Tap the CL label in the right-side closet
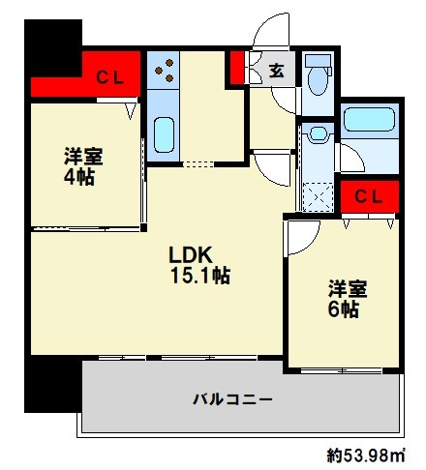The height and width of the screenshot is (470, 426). (368, 196)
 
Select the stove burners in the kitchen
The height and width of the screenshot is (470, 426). (164, 69)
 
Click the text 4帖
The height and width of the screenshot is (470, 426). (78, 179)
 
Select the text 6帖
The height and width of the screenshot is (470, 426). (346, 310)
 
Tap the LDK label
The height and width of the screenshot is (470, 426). (191, 255)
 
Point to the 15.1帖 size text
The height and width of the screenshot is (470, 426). (199, 277)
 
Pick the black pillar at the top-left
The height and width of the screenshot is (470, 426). (48, 39)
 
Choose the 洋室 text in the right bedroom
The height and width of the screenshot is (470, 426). (347, 288)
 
